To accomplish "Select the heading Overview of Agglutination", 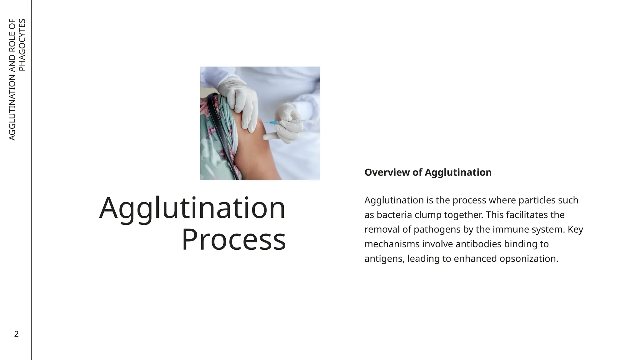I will (428, 172).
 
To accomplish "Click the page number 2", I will (17, 334).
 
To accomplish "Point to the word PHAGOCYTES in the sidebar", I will (22, 45).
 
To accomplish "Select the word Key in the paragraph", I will (575, 230).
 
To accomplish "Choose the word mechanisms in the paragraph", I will (392, 244).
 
